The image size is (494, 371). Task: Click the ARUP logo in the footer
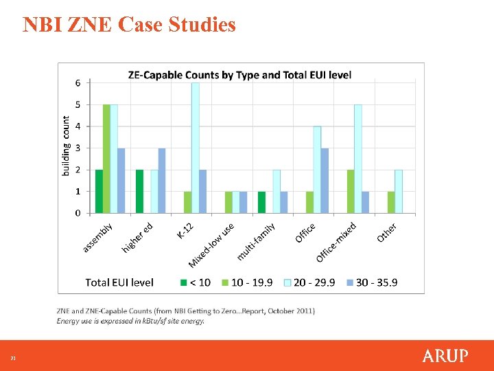[445, 356]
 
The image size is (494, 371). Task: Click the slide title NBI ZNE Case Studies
[129, 25]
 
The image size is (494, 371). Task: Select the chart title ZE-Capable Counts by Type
[239, 75]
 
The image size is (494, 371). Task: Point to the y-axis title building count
[66, 146]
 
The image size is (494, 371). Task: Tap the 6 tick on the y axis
[78, 82]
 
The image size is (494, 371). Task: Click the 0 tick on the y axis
[78, 213]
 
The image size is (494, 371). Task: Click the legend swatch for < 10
[184, 282]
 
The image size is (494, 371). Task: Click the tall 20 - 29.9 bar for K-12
[196, 148]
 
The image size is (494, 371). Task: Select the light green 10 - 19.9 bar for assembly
[106, 159]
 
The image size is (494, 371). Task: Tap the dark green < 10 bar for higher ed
[139, 191]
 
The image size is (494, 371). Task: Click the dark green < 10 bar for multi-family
[261, 202]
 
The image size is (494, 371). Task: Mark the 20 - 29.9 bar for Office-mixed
[358, 159]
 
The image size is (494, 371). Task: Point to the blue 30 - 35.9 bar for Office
[325, 180]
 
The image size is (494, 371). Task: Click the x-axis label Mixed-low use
[212, 245]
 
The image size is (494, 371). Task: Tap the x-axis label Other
[387, 232]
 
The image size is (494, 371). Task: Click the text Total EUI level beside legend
[119, 282]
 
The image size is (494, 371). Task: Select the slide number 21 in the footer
[12, 358]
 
